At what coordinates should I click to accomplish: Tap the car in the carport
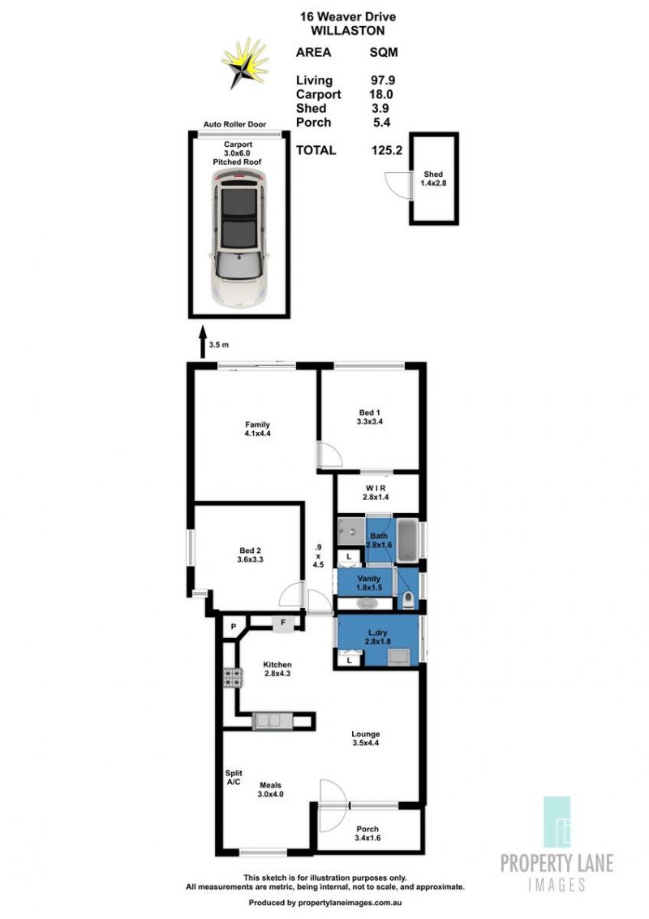(x=239, y=238)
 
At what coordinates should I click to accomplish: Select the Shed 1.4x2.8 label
(x=433, y=178)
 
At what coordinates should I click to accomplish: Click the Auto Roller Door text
(x=234, y=124)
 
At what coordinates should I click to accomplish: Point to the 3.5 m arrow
(x=203, y=345)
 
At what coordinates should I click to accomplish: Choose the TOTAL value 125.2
(x=387, y=150)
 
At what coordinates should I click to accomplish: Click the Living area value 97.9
(x=382, y=80)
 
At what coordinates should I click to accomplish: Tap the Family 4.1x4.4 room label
(x=257, y=429)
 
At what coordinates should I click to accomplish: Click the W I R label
(x=375, y=488)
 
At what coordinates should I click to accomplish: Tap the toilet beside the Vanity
(x=408, y=599)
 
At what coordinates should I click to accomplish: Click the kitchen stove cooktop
(x=233, y=678)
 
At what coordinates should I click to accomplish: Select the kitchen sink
(x=272, y=720)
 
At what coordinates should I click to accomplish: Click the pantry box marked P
(x=233, y=627)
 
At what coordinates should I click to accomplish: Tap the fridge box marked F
(x=283, y=623)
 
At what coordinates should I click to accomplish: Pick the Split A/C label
(x=233, y=777)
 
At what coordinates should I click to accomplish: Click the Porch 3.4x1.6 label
(x=367, y=834)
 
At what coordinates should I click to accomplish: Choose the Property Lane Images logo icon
(x=557, y=822)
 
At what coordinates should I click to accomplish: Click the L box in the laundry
(x=350, y=661)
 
